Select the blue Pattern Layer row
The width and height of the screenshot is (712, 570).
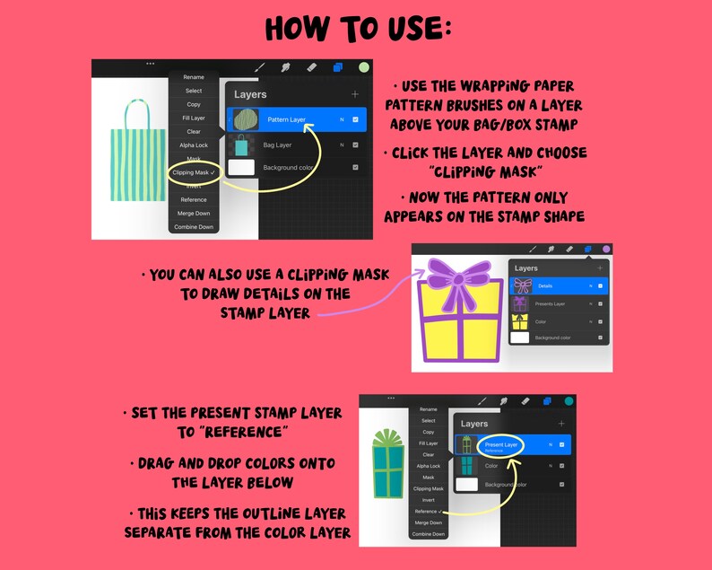pos(296,119)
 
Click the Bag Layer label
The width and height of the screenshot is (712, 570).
pos(277,145)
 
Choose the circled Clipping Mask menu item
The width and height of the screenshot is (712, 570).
pos(193,172)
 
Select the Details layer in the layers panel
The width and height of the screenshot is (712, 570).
pos(546,285)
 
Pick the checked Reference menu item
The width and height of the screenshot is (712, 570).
pos(429,511)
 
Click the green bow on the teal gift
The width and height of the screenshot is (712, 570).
pos(389,438)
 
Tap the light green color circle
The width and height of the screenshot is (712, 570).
pos(363,67)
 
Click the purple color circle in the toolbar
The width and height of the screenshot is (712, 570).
pos(606,249)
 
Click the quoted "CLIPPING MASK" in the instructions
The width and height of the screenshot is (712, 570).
pos(487,171)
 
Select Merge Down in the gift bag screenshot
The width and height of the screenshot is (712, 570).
pos(194,214)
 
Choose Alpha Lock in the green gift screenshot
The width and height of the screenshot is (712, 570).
pos(429,466)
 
